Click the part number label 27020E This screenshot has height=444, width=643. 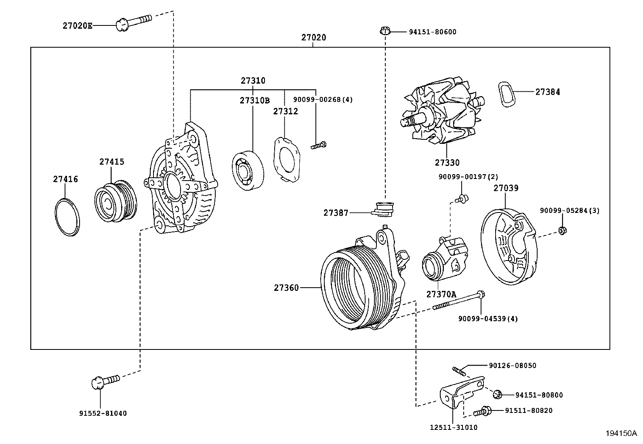coord(78,25)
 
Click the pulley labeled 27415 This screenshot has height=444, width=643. coord(116,202)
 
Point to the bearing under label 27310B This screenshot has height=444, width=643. coord(248,170)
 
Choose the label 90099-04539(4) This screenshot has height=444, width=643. coord(488,318)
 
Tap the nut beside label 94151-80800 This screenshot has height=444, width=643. coord(498,393)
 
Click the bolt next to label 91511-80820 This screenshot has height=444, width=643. coord(481,411)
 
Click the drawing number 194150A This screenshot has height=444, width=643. coord(621,433)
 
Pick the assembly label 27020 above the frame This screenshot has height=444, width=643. coord(313,38)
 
